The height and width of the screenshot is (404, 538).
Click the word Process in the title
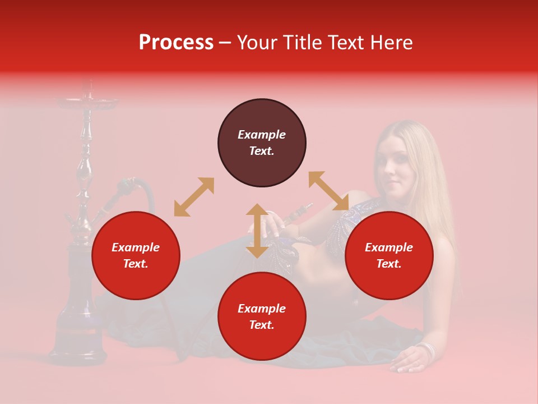[x=176, y=43]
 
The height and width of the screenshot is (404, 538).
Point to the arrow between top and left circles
[x=194, y=197]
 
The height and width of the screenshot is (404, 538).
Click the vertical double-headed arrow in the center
[x=257, y=231]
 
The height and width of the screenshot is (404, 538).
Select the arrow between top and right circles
[x=329, y=191]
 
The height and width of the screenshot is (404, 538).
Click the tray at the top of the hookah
[x=87, y=102]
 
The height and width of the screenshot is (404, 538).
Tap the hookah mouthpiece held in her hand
[x=297, y=213]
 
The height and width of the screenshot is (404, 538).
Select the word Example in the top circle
[x=262, y=135]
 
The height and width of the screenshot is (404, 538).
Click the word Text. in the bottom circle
[x=262, y=325]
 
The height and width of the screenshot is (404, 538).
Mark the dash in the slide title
[x=225, y=43]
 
